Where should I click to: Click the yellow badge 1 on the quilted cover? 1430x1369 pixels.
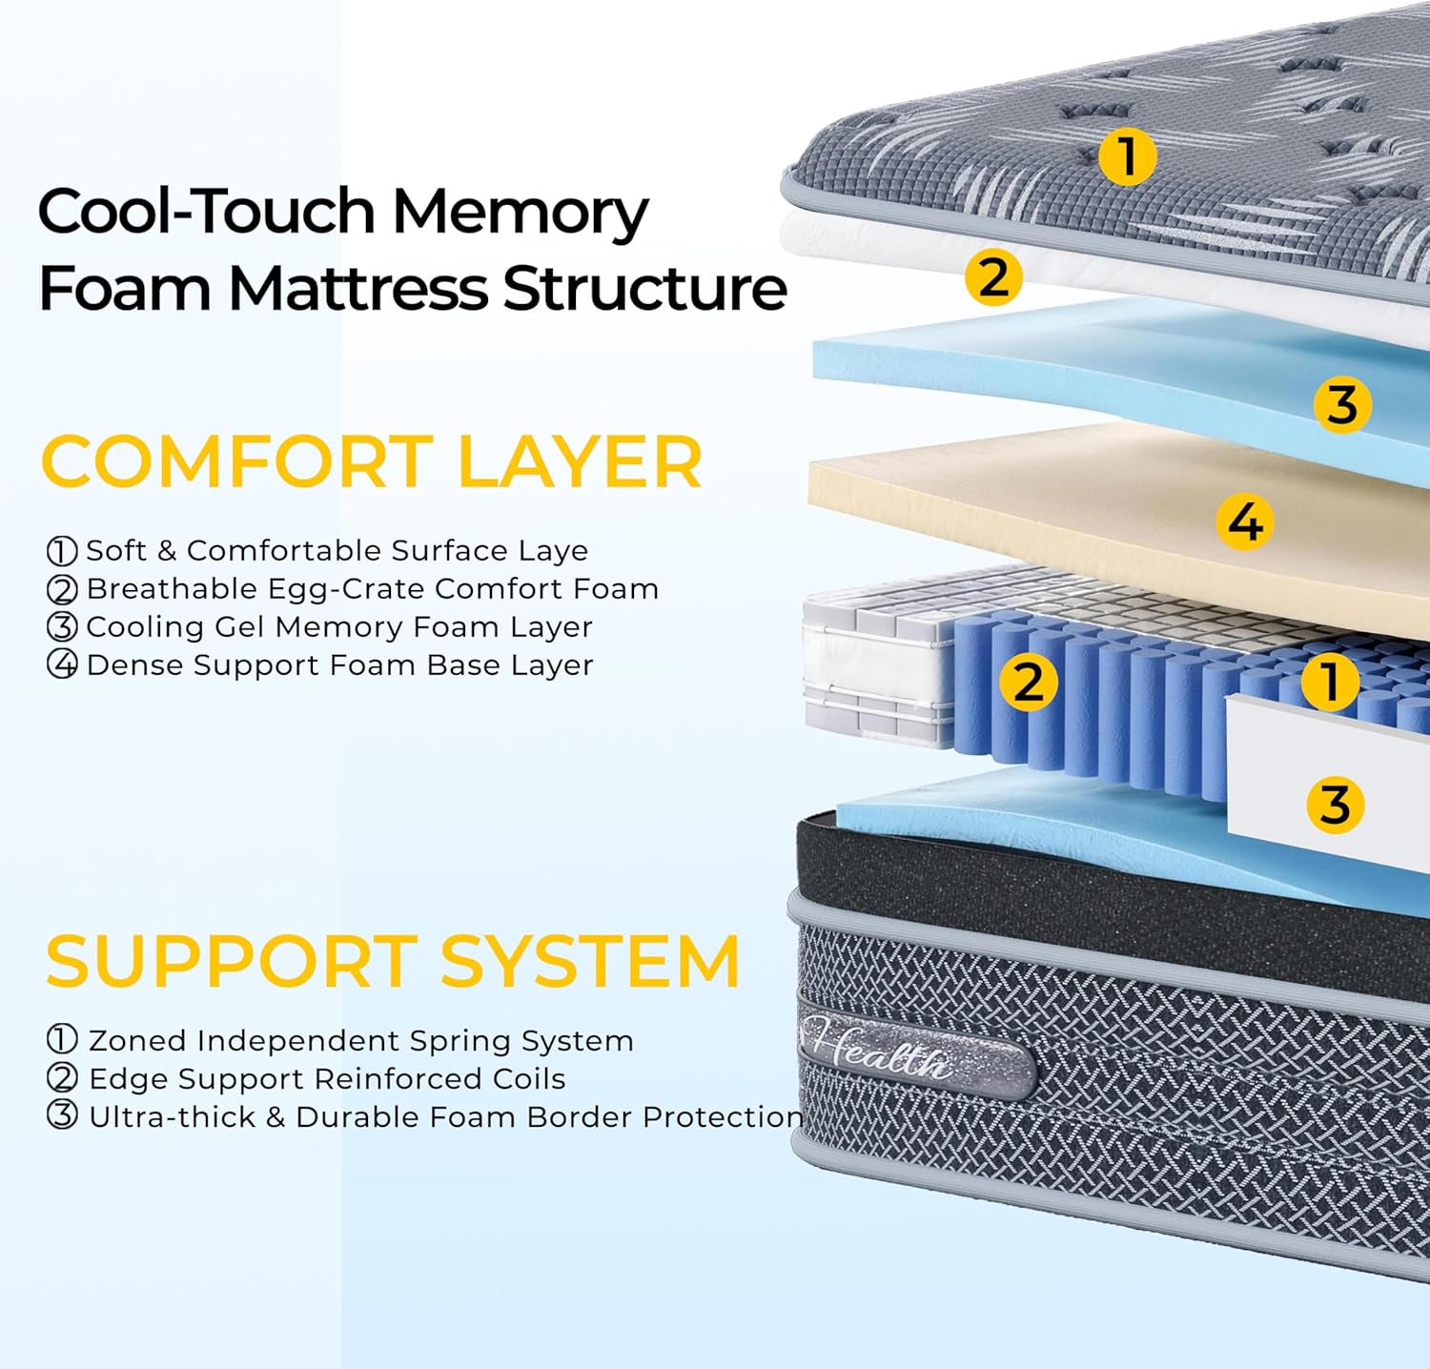click(1127, 156)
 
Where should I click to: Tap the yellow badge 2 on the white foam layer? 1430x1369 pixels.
click(993, 277)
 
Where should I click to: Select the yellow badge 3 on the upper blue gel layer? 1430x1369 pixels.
click(1342, 404)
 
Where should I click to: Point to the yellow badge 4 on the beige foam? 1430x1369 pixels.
click(1245, 521)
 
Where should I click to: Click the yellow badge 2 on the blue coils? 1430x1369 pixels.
click(1028, 682)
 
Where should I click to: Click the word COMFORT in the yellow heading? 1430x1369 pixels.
click(238, 462)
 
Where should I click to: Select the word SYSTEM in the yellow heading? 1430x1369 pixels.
click(590, 961)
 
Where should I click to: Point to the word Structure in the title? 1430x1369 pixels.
click(644, 288)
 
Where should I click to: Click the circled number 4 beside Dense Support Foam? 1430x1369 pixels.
click(62, 664)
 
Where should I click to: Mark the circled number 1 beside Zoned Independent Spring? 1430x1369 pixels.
click(62, 1040)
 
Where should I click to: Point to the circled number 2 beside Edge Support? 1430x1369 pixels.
click(62, 1078)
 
